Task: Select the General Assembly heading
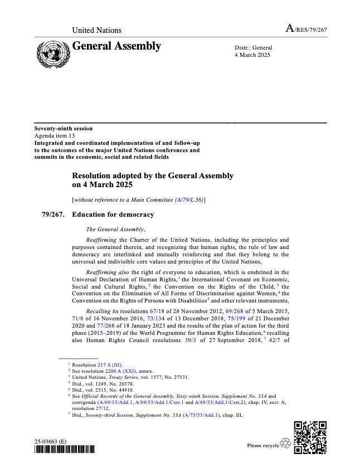point(116,46)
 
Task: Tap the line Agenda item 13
point(55,135)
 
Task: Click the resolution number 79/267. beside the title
point(53,214)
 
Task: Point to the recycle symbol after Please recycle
point(286,444)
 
